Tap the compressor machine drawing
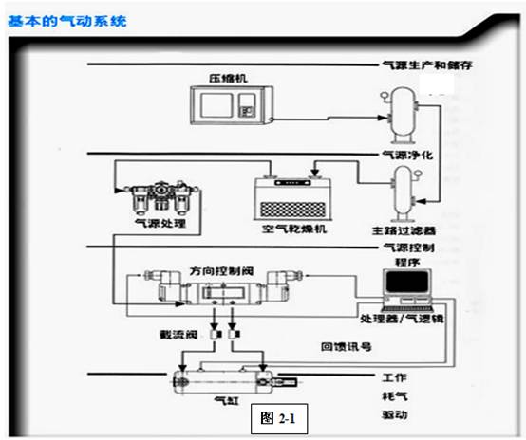point(229,108)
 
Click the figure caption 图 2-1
point(277,418)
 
